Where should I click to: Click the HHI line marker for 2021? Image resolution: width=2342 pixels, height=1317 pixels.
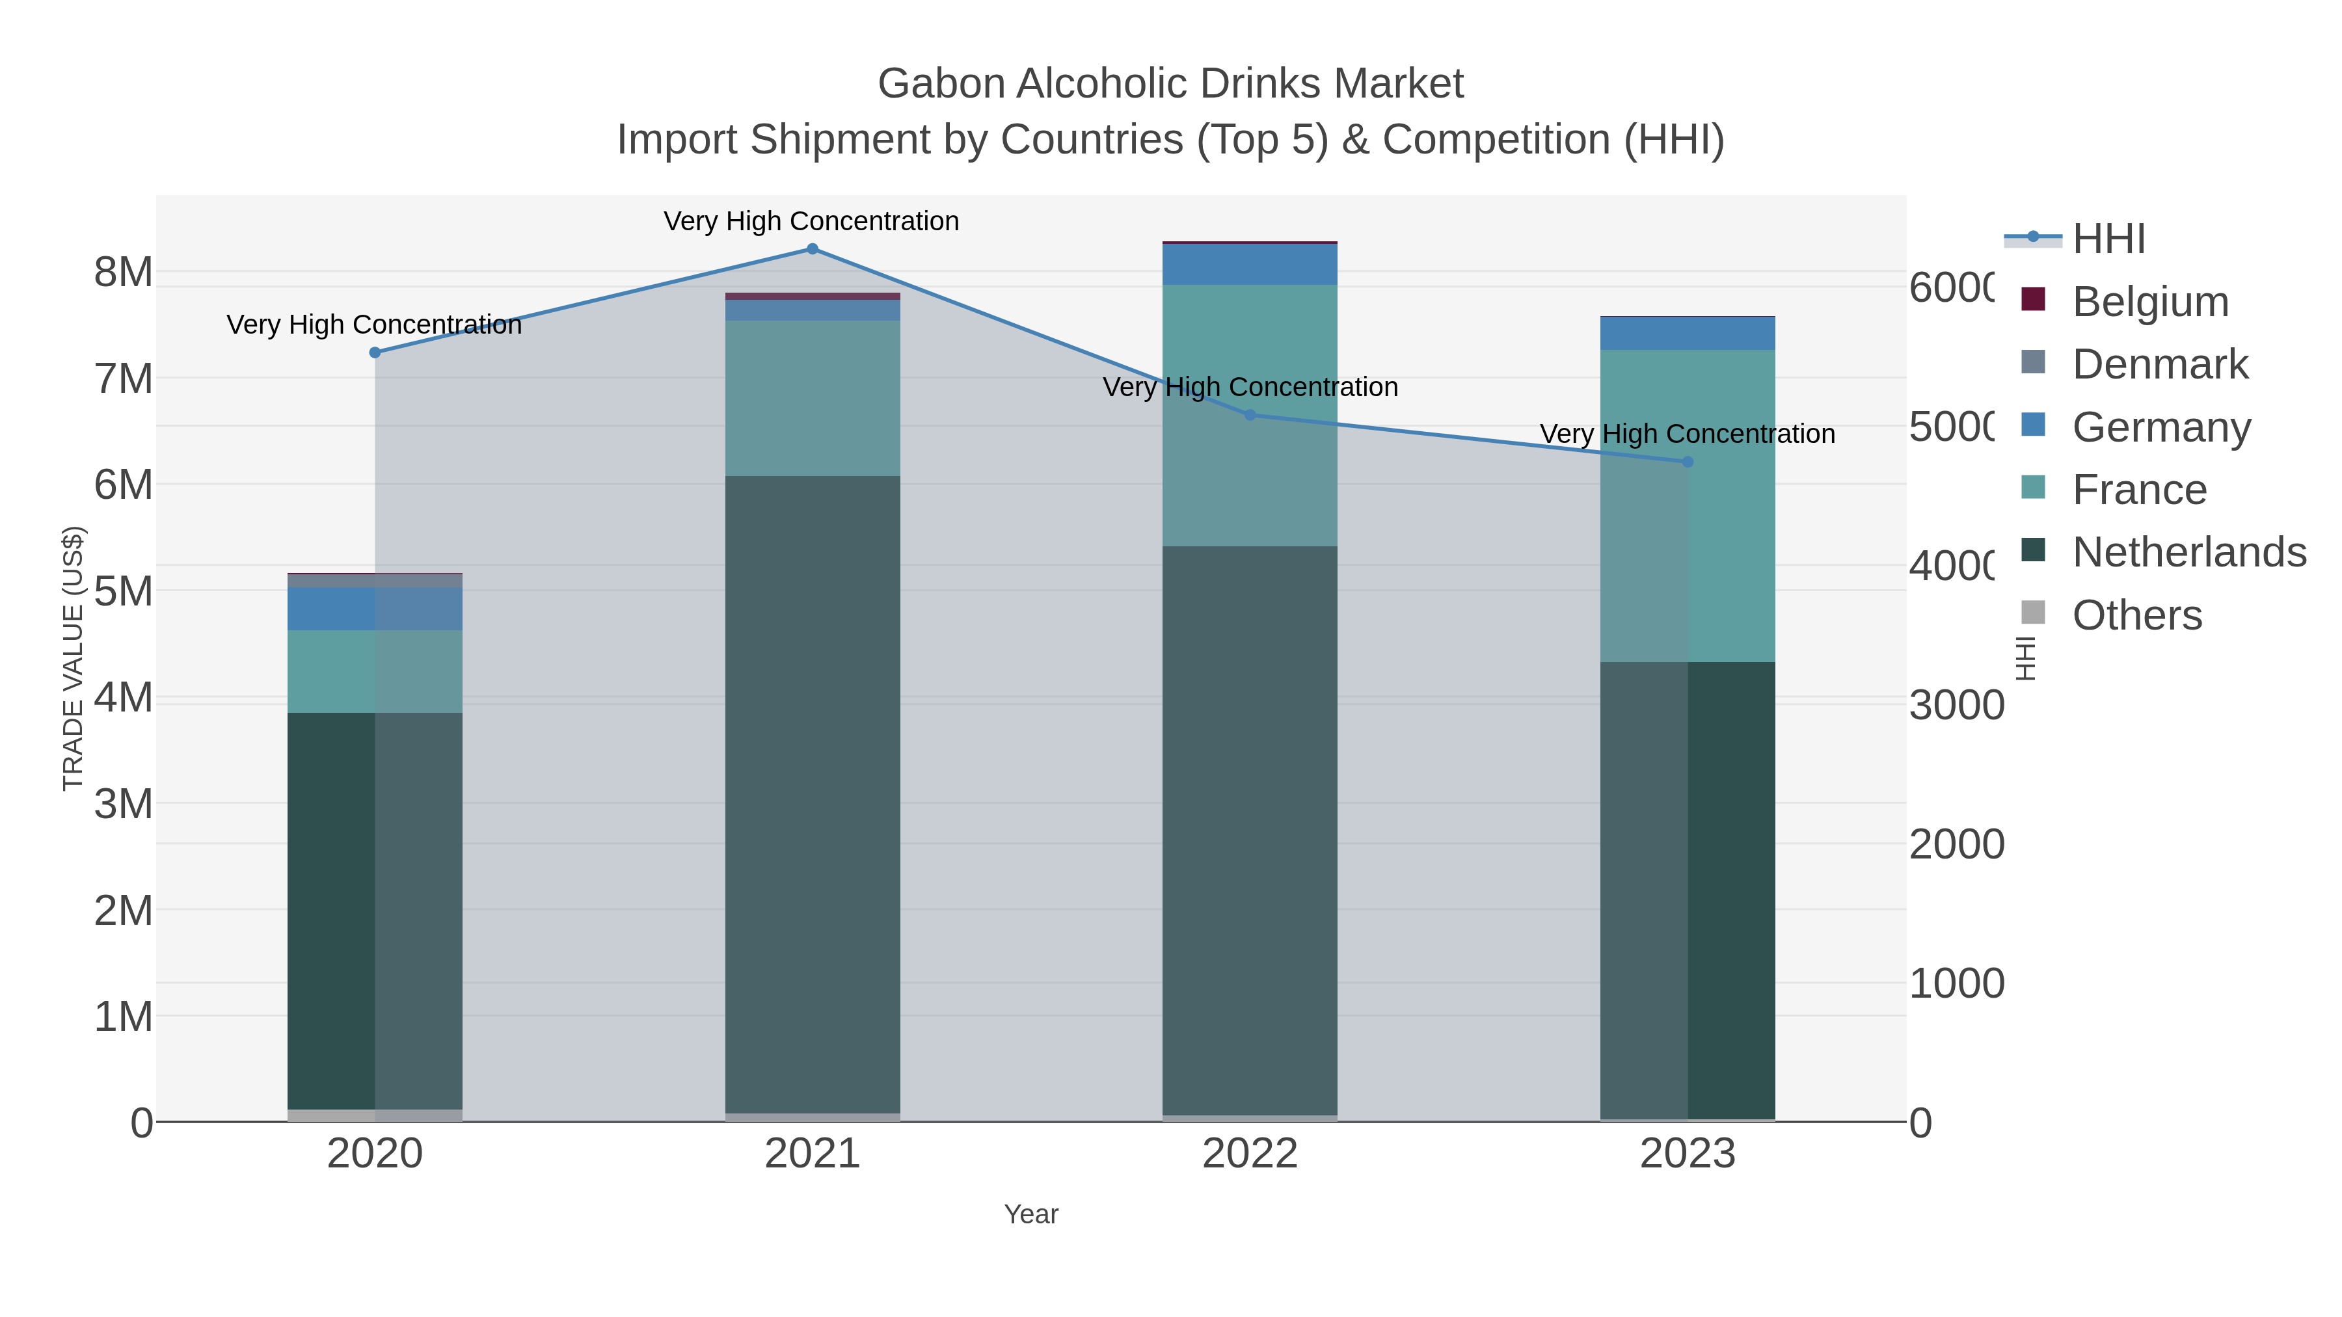point(812,248)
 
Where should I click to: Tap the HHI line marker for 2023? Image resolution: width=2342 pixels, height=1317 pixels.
point(1688,462)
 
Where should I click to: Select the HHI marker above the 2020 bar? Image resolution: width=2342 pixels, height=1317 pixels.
point(375,353)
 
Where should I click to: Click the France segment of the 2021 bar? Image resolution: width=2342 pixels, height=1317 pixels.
point(812,398)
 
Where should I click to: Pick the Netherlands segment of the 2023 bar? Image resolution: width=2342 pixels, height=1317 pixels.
point(1688,891)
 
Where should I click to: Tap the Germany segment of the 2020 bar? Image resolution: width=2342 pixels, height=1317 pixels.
point(375,608)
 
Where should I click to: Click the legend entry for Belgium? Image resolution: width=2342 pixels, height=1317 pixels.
point(2149,302)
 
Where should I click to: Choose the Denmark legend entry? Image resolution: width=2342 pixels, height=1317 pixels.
point(2159,364)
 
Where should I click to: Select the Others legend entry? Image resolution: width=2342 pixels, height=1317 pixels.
point(2136,615)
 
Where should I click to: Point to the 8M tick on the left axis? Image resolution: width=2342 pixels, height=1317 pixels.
point(124,272)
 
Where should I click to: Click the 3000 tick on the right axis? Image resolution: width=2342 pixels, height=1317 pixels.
point(1956,705)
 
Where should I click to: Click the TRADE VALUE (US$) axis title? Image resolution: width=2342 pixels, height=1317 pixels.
point(73,658)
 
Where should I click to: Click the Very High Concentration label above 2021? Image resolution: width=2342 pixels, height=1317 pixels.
point(811,221)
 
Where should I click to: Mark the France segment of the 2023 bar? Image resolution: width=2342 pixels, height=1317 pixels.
point(1688,505)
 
